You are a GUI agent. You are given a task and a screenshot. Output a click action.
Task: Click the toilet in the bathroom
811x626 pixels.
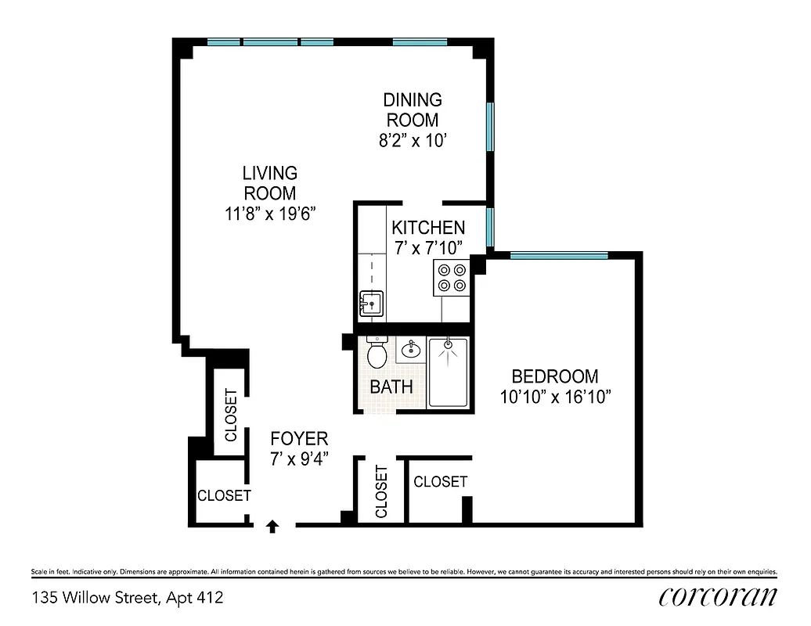[x=377, y=354]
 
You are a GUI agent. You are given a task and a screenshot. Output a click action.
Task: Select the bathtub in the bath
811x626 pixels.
[x=448, y=372]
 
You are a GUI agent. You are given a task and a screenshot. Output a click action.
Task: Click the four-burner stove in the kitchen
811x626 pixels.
[x=452, y=277]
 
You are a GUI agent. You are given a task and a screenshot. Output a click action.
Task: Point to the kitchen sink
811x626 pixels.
[x=371, y=303]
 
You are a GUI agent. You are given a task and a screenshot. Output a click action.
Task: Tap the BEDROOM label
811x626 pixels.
[x=554, y=376]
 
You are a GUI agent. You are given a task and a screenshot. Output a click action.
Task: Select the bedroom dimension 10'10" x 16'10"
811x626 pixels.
[x=555, y=397]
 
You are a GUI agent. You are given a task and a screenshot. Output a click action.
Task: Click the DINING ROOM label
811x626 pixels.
[x=412, y=110]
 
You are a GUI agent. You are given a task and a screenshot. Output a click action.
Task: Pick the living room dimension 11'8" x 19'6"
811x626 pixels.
[x=269, y=213]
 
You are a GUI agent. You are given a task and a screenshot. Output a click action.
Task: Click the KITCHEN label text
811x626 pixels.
[x=428, y=228]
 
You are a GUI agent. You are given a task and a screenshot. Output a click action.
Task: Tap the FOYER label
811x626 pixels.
[x=299, y=439]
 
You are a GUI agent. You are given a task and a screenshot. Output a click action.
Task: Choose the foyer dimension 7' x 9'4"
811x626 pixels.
[x=299, y=459]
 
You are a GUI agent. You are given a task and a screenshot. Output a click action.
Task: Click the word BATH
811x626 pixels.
[x=391, y=387]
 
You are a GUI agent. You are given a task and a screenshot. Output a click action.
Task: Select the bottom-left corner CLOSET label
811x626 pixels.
[x=224, y=495]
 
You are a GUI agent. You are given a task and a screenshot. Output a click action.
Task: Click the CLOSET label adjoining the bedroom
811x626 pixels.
[x=440, y=481]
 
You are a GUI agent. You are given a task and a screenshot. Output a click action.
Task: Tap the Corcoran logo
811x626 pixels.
[x=718, y=596]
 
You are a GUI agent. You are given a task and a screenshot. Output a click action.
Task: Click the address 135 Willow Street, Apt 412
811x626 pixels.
[x=128, y=598]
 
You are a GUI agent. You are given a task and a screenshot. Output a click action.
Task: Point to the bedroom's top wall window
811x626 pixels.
[x=558, y=255]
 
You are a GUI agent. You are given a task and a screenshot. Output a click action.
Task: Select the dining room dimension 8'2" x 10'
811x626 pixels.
[x=412, y=142]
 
